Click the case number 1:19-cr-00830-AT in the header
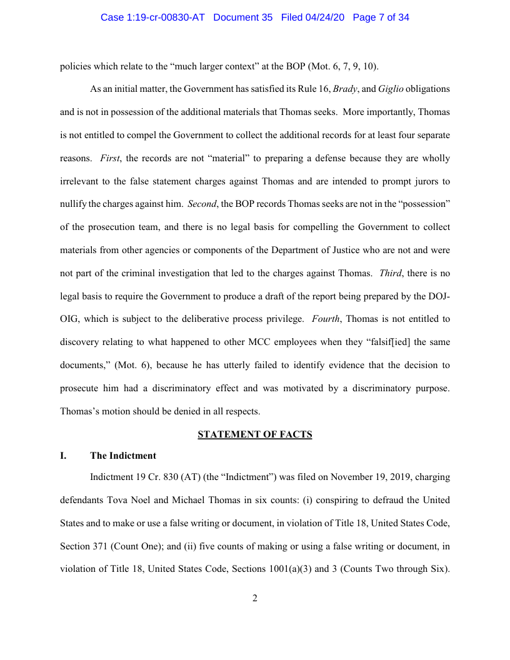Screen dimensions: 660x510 click(154, 17)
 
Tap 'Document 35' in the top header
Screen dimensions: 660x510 click(243, 17)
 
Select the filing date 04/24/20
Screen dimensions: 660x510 click(329, 17)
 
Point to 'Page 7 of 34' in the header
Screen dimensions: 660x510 click(381, 17)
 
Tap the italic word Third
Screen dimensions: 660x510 click(391, 273)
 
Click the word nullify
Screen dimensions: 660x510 click(74, 204)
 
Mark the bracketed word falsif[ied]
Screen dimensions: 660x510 click(392, 342)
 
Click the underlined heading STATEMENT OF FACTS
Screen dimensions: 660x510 click(255, 434)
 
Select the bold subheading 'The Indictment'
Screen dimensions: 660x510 click(123, 456)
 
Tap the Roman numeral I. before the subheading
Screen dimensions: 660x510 click(63, 456)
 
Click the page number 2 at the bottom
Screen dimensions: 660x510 click(255, 598)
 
